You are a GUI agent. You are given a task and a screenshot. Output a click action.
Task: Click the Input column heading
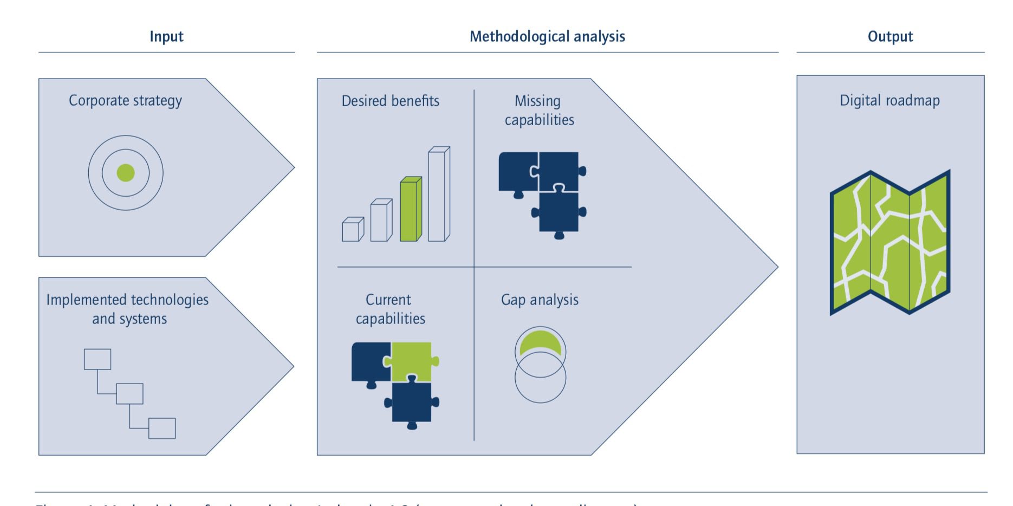pyautogui.click(x=166, y=36)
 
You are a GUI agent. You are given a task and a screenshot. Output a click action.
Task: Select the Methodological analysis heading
pyautogui.click(x=547, y=36)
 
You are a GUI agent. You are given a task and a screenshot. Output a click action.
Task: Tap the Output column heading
pyautogui.click(x=890, y=36)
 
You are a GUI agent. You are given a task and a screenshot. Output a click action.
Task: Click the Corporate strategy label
pyautogui.click(x=125, y=101)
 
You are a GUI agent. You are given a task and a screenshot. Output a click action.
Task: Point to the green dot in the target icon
pyautogui.click(x=126, y=173)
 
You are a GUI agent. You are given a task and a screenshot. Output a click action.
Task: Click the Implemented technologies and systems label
pyautogui.click(x=128, y=309)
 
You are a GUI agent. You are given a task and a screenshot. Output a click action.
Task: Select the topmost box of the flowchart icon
pyautogui.click(x=98, y=359)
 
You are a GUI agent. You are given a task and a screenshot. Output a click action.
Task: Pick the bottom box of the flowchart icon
pyautogui.click(x=162, y=428)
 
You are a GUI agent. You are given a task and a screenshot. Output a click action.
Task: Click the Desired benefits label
pyautogui.click(x=390, y=101)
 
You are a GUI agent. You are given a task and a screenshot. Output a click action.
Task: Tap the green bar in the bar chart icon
pyautogui.click(x=410, y=210)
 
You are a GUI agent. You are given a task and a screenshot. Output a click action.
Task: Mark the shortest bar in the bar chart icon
pyautogui.click(x=352, y=230)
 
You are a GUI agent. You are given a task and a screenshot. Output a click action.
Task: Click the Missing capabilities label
pyautogui.click(x=539, y=111)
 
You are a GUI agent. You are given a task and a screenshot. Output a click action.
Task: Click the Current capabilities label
pyautogui.click(x=390, y=309)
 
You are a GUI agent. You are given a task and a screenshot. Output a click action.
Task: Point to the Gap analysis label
pyautogui.click(x=540, y=300)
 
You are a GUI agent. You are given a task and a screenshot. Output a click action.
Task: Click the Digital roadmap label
pyautogui.click(x=889, y=101)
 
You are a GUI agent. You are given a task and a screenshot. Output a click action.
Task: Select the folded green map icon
pyautogui.click(x=889, y=243)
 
